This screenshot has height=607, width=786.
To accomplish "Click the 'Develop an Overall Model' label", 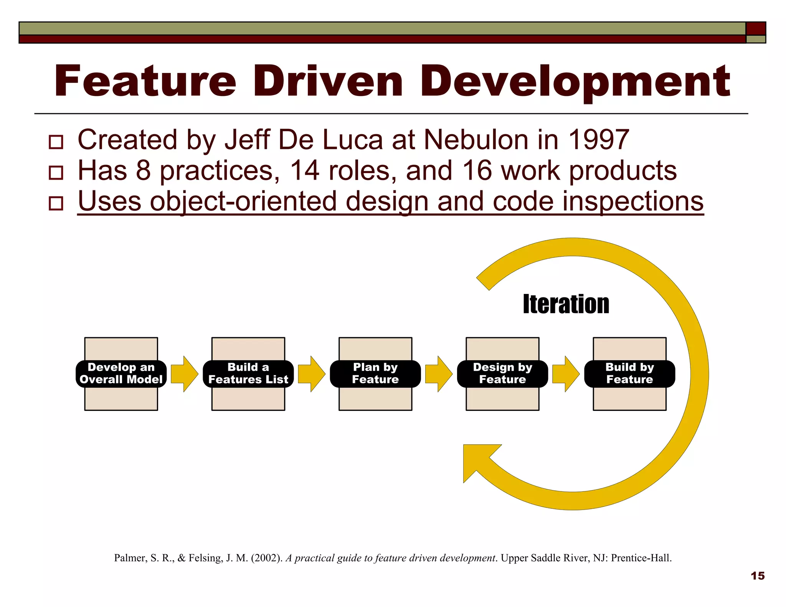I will (121, 373).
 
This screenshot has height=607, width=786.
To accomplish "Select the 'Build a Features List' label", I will (248, 373).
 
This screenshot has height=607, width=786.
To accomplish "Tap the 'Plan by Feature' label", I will (375, 373).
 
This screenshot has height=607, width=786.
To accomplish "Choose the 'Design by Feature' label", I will (502, 373).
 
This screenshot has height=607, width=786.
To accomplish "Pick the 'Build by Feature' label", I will (629, 373).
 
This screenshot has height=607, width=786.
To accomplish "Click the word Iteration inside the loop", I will (566, 304).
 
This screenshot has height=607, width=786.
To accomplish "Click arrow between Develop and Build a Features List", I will (184, 374).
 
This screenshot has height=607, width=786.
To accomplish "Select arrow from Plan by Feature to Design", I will (439, 374).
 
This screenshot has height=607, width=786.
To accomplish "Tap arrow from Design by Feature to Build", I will (566, 374).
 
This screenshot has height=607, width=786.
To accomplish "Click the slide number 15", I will (757, 576).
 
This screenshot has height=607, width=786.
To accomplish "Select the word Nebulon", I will (476, 140).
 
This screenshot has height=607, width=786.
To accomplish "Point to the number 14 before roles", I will (304, 170).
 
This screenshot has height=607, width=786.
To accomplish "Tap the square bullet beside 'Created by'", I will (56, 142).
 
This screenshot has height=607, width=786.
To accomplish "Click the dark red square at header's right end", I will (756, 28).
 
